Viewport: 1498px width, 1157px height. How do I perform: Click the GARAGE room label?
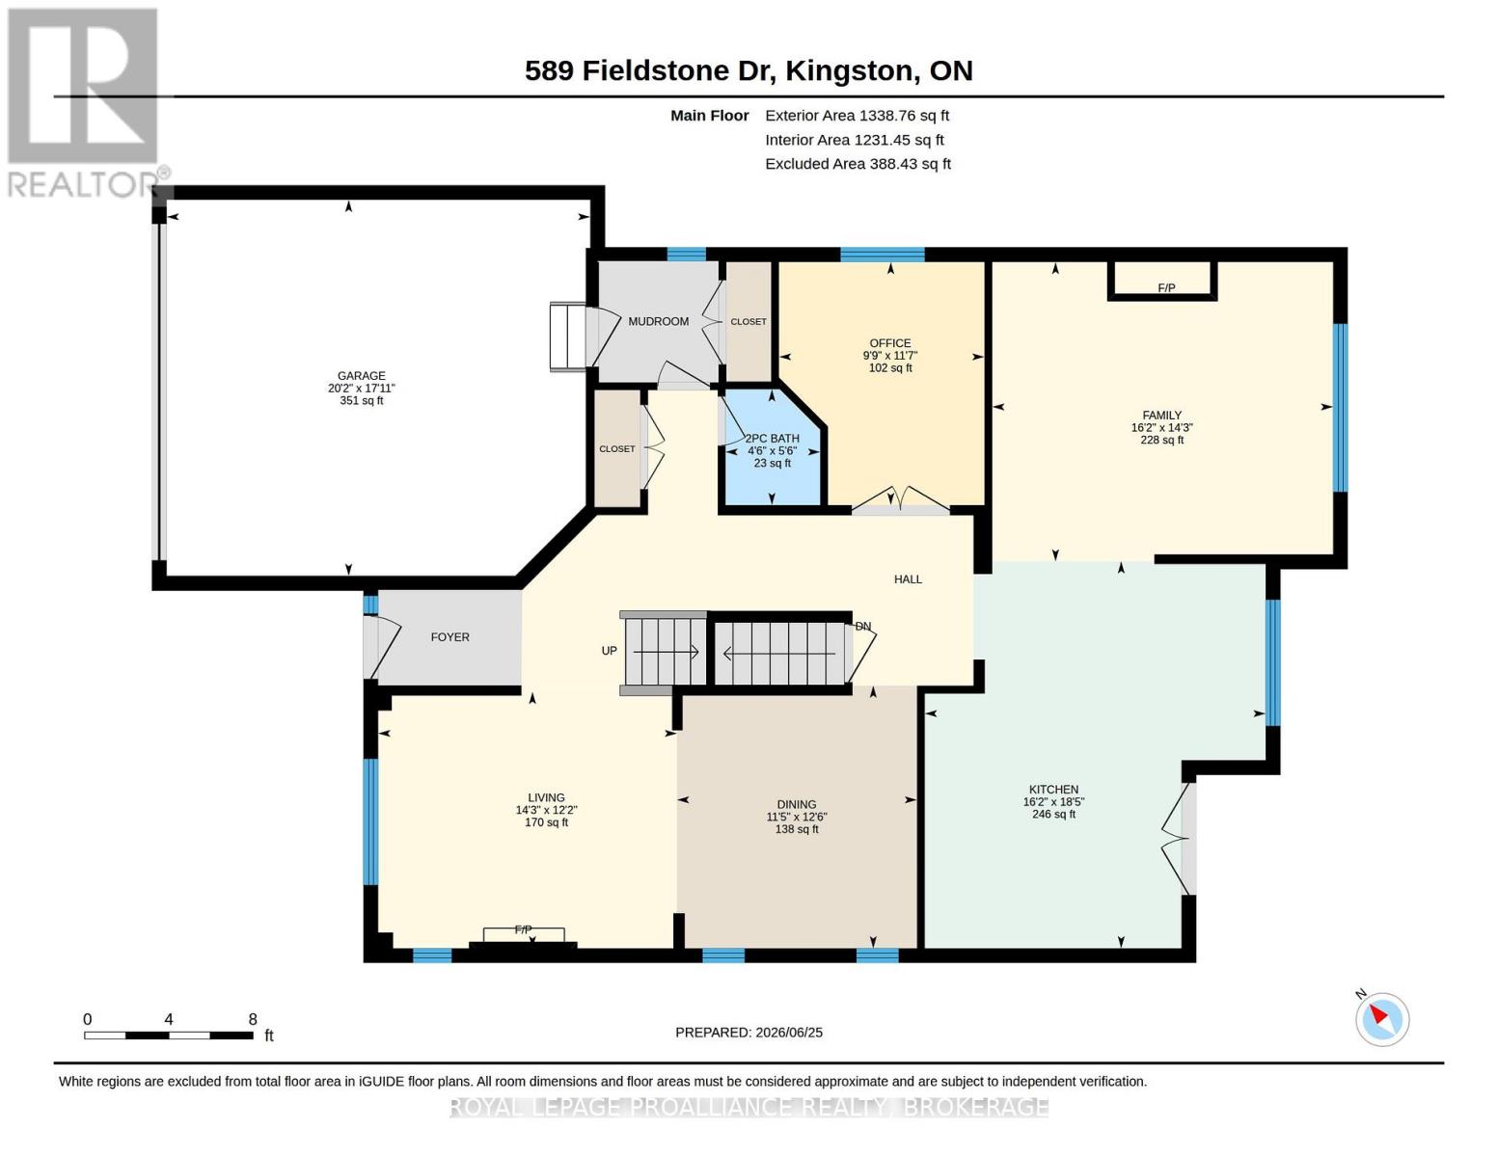[x=361, y=376]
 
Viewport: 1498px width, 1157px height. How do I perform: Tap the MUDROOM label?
[x=659, y=321]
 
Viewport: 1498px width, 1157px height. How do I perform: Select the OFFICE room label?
[x=890, y=343]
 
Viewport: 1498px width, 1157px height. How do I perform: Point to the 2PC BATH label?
[x=772, y=439]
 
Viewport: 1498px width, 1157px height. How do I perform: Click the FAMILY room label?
[x=1161, y=415]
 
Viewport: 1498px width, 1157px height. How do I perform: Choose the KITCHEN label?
[x=1053, y=790]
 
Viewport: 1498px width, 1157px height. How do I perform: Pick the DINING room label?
[x=796, y=804]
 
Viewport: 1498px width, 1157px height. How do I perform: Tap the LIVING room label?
[x=546, y=797]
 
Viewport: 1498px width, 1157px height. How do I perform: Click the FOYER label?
[x=450, y=637]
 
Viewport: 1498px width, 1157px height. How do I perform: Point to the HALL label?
[x=908, y=579]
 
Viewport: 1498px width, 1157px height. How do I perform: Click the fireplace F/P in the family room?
[x=1166, y=288]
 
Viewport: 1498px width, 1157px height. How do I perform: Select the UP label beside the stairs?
[x=609, y=651]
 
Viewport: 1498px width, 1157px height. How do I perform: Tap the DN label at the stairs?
[x=863, y=627]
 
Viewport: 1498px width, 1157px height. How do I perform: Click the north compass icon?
[x=1381, y=1019]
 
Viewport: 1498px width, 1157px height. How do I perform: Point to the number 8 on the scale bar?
[x=253, y=1019]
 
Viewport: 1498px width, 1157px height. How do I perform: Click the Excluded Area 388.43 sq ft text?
[x=858, y=164]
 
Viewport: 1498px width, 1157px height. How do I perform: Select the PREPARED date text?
[x=749, y=1033]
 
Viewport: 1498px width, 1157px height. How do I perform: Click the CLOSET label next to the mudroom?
[x=748, y=322]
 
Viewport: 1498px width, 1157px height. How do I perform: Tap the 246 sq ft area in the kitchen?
[x=1053, y=815]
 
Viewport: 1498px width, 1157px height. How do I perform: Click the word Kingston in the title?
[x=849, y=71]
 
